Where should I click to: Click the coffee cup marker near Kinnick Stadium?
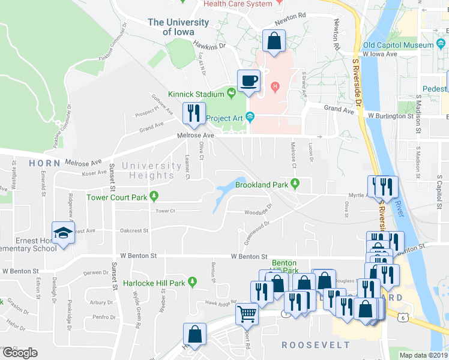coord(249,80)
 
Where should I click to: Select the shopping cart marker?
coord(247,313)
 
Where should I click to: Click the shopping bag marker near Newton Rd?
coord(274,42)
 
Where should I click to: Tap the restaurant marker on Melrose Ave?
coord(193,113)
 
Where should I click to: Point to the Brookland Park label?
coord(262,185)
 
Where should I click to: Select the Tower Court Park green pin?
coord(155,196)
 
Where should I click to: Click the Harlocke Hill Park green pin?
coord(192,281)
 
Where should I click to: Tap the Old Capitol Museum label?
coord(397,45)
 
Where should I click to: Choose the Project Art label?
coord(223,118)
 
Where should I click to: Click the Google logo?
coord(20,353)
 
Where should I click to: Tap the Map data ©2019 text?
coord(424,355)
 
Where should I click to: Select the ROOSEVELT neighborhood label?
coord(316,345)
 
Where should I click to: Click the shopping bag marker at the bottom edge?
coord(195,334)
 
